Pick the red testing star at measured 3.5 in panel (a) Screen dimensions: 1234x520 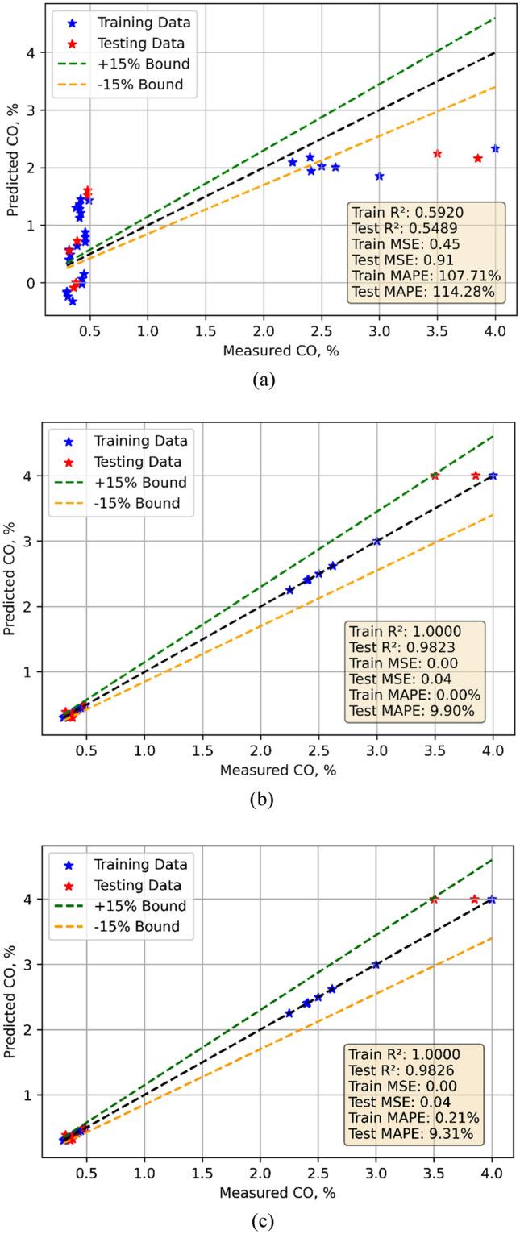tap(437, 153)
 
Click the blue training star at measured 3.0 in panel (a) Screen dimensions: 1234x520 tap(379, 176)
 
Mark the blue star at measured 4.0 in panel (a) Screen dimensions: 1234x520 tap(495, 148)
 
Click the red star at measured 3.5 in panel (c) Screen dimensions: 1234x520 tap(434, 899)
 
